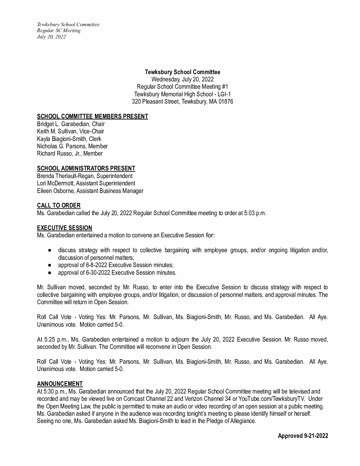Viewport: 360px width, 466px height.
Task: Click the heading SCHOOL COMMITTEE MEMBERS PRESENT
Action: [92, 116]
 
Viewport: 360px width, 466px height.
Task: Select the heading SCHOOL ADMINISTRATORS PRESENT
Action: [86, 168]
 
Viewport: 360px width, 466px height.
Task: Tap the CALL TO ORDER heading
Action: [59, 206]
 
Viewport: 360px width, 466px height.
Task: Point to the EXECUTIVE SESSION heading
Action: [65, 228]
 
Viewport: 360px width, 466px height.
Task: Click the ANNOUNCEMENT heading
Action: [60, 384]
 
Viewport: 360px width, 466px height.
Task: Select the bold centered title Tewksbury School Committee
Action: [182, 72]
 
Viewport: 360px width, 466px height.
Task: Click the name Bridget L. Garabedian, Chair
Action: [71, 124]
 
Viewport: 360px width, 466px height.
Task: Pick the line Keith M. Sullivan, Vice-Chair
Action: [70, 131]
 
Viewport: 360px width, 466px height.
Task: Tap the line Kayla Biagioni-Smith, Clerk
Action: [69, 139]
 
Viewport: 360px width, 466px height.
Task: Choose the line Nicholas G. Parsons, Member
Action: [72, 146]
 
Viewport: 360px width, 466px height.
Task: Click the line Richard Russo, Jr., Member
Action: [70, 154]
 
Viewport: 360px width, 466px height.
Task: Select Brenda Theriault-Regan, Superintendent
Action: [85, 176]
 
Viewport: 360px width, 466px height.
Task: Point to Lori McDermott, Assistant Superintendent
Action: [86, 183]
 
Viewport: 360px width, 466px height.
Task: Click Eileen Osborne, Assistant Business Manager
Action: [90, 191]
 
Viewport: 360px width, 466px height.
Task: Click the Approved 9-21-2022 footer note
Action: [303, 436]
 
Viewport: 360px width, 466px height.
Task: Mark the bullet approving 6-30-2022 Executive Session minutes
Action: [117, 273]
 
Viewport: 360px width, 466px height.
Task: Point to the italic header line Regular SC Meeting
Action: [59, 30]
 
